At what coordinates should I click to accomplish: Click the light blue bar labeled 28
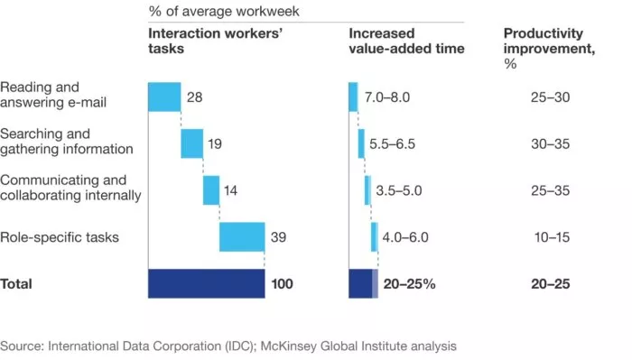(x=164, y=97)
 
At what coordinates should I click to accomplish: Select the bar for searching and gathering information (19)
(x=191, y=143)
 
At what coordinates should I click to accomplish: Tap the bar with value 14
(x=211, y=189)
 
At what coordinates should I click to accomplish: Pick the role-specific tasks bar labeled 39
(x=242, y=237)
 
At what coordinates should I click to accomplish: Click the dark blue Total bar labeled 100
(x=206, y=283)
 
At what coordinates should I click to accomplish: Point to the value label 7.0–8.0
(x=386, y=97)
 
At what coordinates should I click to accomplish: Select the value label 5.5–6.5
(x=393, y=143)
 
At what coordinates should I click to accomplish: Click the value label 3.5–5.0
(x=398, y=190)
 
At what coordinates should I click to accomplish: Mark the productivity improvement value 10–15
(x=552, y=237)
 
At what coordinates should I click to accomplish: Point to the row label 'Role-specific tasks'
(x=60, y=237)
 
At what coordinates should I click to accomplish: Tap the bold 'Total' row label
(x=16, y=283)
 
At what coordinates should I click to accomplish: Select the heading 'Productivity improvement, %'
(x=548, y=42)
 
